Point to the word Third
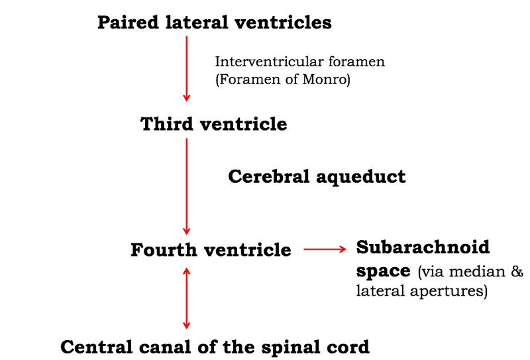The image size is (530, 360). click(167, 124)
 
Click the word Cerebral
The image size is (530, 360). click(268, 177)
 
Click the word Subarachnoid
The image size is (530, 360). click(423, 248)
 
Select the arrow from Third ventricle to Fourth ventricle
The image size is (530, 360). click(187, 185)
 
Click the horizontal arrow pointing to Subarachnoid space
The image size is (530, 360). click(325, 250)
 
